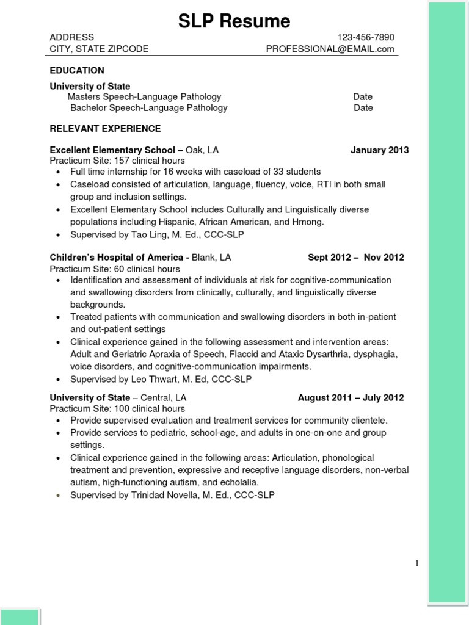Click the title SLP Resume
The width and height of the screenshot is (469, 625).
point(234,21)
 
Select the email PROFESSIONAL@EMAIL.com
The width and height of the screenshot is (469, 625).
point(330,49)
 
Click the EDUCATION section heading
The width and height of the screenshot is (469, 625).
point(77,70)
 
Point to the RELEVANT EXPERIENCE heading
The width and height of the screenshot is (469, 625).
point(105,129)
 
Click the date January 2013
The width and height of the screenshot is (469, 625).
point(379,150)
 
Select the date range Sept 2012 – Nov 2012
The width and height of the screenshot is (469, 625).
point(355,258)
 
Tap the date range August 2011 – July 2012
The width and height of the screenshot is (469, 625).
point(351,398)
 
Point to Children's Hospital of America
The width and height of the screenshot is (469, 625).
point(117,258)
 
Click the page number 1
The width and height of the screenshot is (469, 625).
point(416,564)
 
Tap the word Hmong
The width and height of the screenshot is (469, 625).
point(308,222)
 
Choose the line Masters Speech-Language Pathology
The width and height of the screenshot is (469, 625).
point(144,96)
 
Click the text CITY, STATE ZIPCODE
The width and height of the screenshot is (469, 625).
point(99,49)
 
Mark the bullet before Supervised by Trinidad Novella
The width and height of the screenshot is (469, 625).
point(58,496)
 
